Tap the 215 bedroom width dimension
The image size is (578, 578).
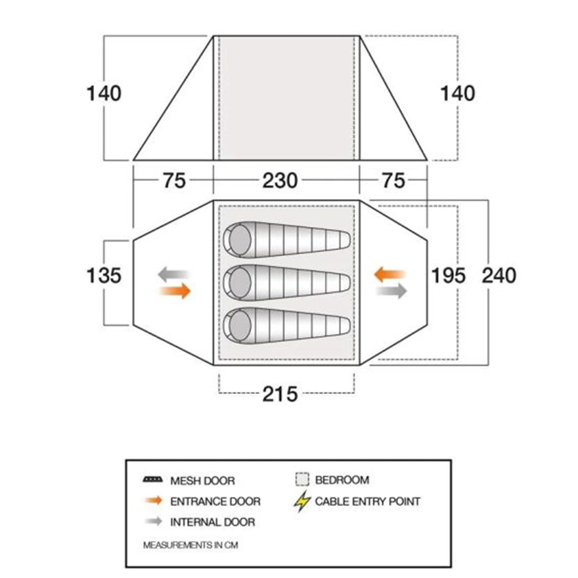[280, 394]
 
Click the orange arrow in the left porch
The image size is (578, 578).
[176, 291]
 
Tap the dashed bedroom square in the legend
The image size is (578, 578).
[302, 479]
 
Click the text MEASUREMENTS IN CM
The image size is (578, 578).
[191, 545]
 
